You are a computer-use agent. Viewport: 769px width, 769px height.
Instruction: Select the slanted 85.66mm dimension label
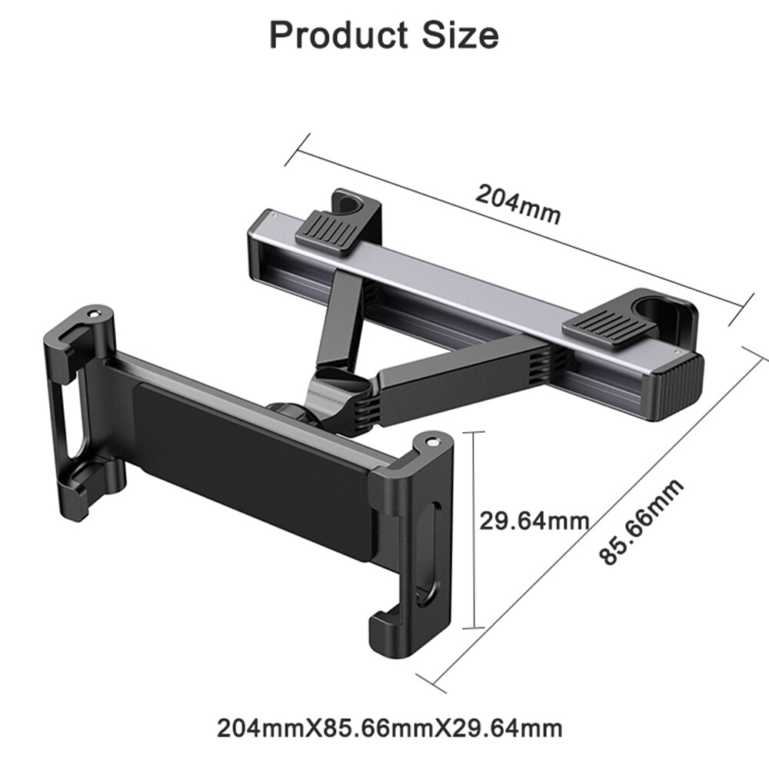tap(641, 521)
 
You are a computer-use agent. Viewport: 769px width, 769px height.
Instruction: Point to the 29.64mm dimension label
tap(534, 521)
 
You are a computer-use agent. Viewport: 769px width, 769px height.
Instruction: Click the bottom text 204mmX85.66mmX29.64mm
tap(389, 727)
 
